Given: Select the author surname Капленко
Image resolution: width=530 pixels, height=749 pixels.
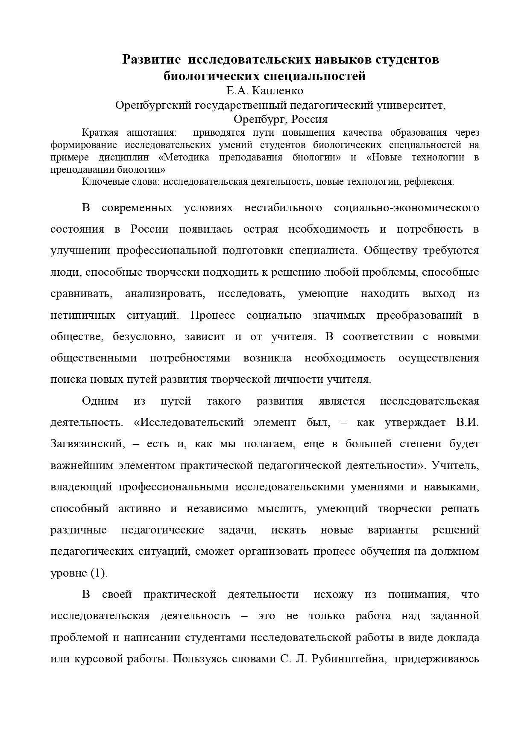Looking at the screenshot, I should coord(277,91).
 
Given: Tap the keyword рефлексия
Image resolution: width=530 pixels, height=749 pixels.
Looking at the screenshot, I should coord(431,181).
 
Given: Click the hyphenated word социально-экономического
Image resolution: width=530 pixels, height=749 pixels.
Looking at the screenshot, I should coord(406,208).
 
